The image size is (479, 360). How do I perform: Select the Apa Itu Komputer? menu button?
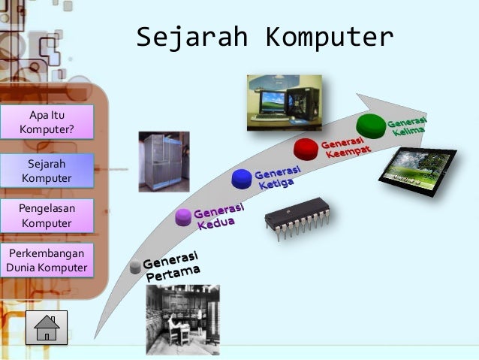(47, 123)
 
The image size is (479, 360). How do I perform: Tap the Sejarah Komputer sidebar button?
(47, 171)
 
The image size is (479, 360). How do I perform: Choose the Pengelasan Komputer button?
(47, 216)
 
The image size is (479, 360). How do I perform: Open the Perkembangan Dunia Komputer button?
(47, 260)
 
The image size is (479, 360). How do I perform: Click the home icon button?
(47, 328)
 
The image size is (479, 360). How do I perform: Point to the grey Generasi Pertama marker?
(135, 267)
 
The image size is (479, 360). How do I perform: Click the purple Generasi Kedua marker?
(183, 218)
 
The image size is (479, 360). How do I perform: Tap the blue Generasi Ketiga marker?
(241, 177)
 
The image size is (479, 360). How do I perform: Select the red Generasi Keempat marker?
(306, 147)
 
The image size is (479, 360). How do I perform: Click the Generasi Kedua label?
(218, 215)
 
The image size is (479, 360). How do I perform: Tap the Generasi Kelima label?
(408, 126)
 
